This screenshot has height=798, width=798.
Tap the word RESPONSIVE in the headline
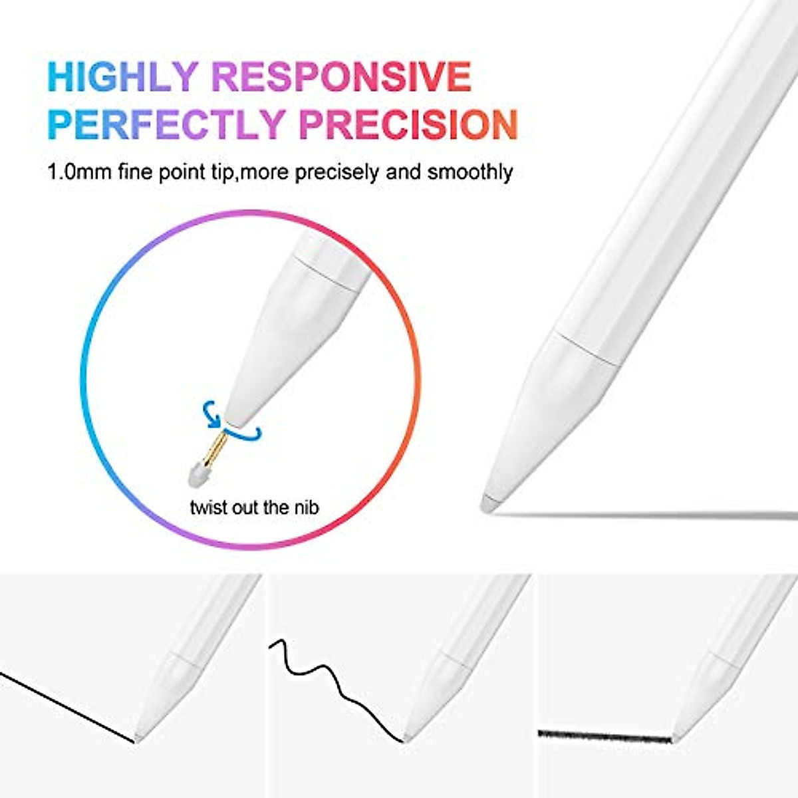(341, 76)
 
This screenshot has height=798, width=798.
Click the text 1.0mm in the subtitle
(78, 173)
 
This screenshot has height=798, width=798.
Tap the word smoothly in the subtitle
(470, 173)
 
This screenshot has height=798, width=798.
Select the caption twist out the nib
(254, 507)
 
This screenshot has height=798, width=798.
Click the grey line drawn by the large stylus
(645, 514)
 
